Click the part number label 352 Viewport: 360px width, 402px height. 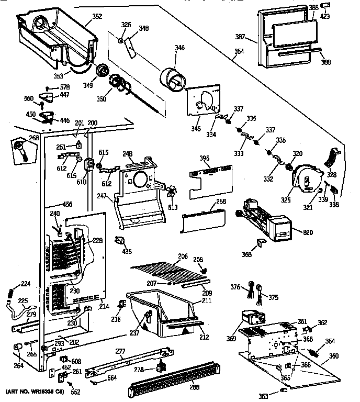point(97,16)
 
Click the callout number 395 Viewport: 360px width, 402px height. point(205,158)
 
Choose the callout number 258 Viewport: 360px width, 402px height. point(221,202)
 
